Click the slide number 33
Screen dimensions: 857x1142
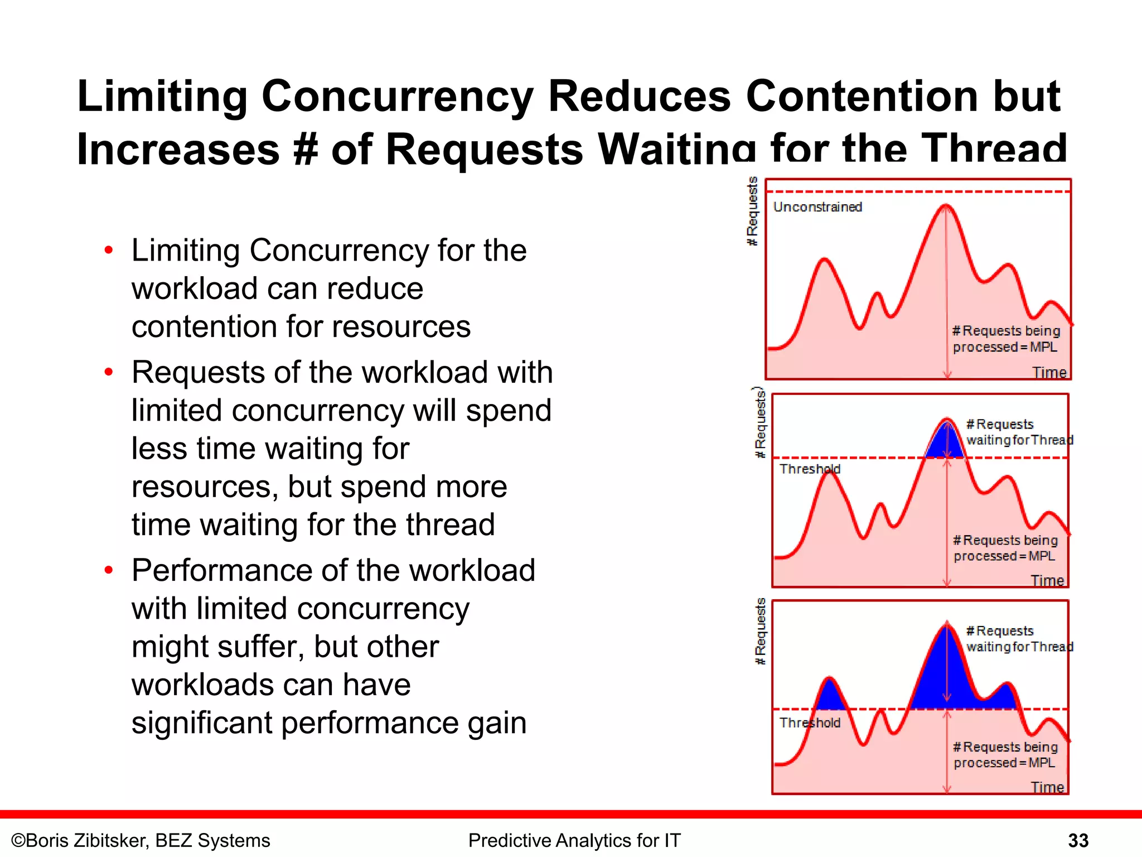[x=1078, y=840]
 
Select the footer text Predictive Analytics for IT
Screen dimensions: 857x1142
[x=574, y=840]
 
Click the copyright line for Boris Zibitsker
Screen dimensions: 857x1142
[x=141, y=840]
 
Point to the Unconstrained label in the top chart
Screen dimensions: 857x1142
[x=817, y=207]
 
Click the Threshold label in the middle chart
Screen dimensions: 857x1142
[x=809, y=469]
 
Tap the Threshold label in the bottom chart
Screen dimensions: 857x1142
[x=809, y=723]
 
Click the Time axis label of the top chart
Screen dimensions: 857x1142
[x=1049, y=372]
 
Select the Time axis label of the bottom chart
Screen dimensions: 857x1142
[x=1047, y=787]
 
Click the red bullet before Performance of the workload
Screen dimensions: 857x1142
[x=109, y=570]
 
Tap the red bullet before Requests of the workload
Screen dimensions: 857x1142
[x=109, y=372]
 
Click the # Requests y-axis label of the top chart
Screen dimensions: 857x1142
[x=752, y=211]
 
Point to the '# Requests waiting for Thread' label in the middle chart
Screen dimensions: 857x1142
[x=1018, y=432]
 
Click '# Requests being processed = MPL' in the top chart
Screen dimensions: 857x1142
[x=1005, y=339]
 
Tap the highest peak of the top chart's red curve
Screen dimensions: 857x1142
[x=946, y=206]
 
